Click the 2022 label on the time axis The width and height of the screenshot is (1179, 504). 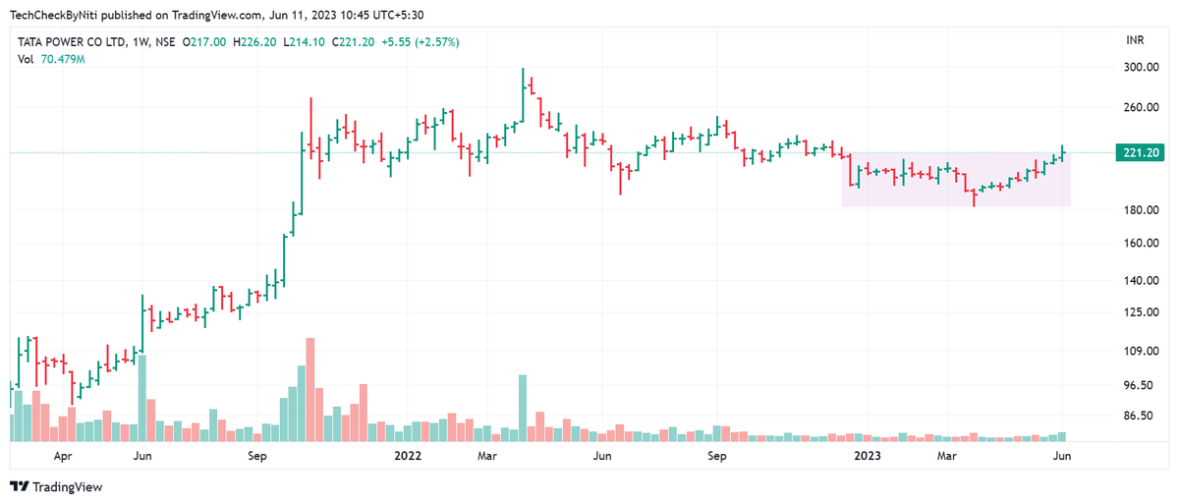click(408, 457)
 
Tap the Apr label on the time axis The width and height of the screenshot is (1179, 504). click(63, 457)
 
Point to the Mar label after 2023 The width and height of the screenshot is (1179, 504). click(946, 457)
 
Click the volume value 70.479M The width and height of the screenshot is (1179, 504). click(63, 60)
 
